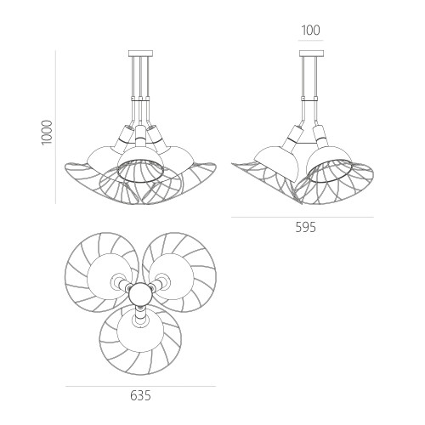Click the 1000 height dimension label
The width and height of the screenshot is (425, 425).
click(47, 133)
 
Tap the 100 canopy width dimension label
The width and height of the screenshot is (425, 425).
click(310, 31)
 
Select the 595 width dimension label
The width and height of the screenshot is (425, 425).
click(305, 227)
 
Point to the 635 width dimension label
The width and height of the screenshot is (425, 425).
click(140, 395)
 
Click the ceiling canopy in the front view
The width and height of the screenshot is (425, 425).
click(140, 54)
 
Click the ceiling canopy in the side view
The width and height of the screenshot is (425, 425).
click(311, 54)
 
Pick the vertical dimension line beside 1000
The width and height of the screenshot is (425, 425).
click(55, 127)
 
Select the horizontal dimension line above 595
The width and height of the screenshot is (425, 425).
click(303, 218)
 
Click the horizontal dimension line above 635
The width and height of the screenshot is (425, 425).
click(140, 386)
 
